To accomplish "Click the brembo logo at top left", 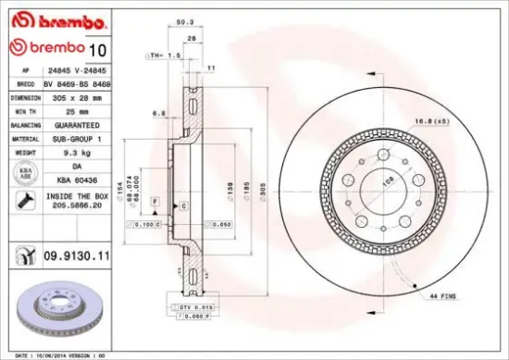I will pyautogui.click(x=45, y=20).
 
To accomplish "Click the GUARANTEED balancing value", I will pyautogui.click(x=78, y=124).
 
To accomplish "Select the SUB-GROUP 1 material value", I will pyautogui.click(x=78, y=137).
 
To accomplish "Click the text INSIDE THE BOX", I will pyautogui.click(x=78, y=197).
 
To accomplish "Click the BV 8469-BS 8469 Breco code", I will pyautogui.click(x=78, y=82).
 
